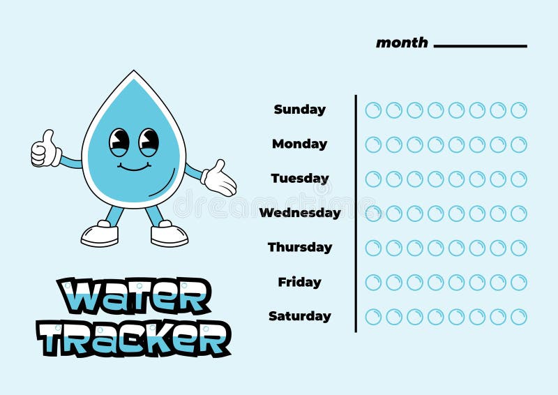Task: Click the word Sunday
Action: point(299,110)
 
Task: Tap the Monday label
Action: point(299,144)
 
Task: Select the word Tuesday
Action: point(299,179)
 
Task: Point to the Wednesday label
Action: point(300,213)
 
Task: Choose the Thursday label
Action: point(300,247)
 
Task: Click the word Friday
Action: point(299,282)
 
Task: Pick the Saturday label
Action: point(300,316)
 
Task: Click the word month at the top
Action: point(402,43)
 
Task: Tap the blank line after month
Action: point(480,46)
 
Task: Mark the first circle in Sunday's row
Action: point(373,110)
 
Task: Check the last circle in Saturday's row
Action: point(518,317)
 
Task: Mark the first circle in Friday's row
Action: point(373,283)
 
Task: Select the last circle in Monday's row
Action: point(518,144)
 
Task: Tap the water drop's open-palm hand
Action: point(220,179)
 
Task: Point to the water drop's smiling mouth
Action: point(134,167)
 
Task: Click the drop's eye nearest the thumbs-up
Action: point(119,142)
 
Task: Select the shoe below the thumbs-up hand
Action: point(99,234)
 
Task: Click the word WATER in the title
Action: point(134,297)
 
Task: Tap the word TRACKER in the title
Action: point(134,338)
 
